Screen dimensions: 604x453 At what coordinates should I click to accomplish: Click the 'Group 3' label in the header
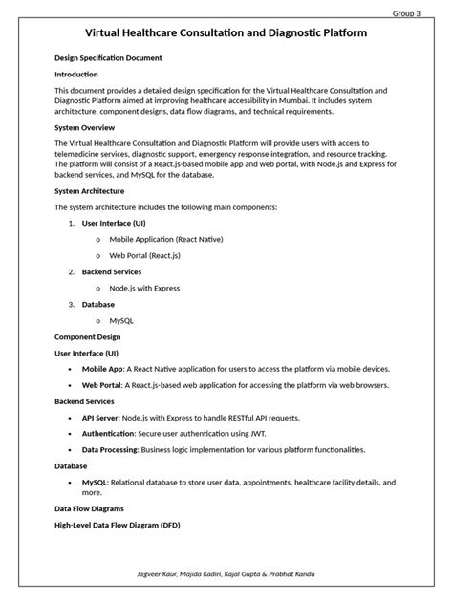pos(406,12)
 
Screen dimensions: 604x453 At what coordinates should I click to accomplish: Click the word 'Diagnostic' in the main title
pos(305,33)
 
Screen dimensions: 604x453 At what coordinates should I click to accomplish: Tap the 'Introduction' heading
pos(76,74)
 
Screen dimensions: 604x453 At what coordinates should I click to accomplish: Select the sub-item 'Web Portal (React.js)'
pos(144,255)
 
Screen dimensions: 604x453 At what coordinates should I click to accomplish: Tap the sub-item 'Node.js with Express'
pos(144,288)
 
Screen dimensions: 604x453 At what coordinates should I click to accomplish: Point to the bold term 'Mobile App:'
pos(103,368)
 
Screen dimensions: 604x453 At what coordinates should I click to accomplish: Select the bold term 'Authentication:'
pos(108,433)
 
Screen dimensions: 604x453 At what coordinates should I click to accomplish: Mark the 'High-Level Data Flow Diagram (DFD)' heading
pos(124,525)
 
